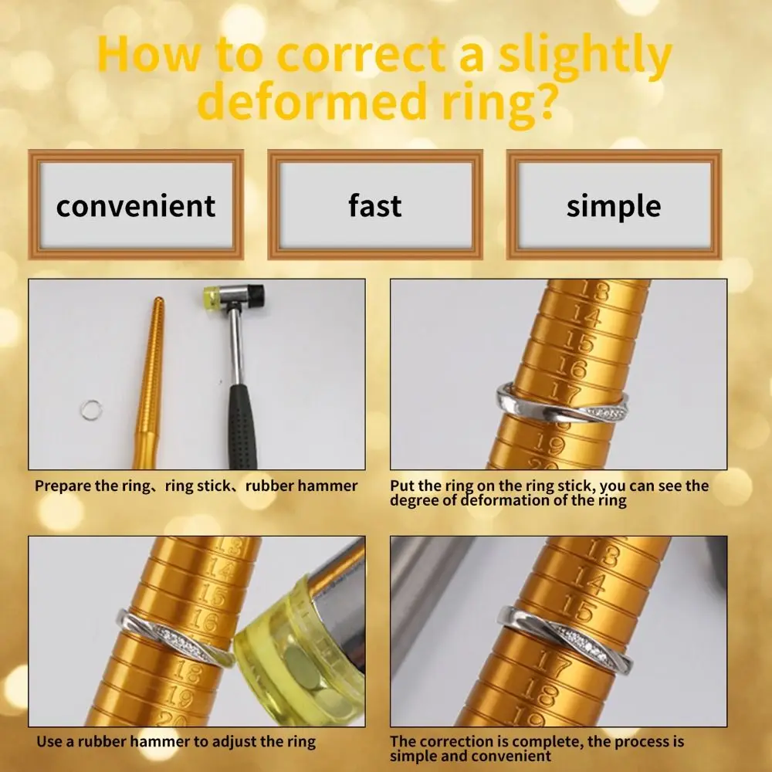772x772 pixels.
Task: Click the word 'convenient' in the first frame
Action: click(x=136, y=206)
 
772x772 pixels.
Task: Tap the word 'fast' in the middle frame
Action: click(x=374, y=206)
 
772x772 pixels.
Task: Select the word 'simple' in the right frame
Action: click(x=613, y=206)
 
